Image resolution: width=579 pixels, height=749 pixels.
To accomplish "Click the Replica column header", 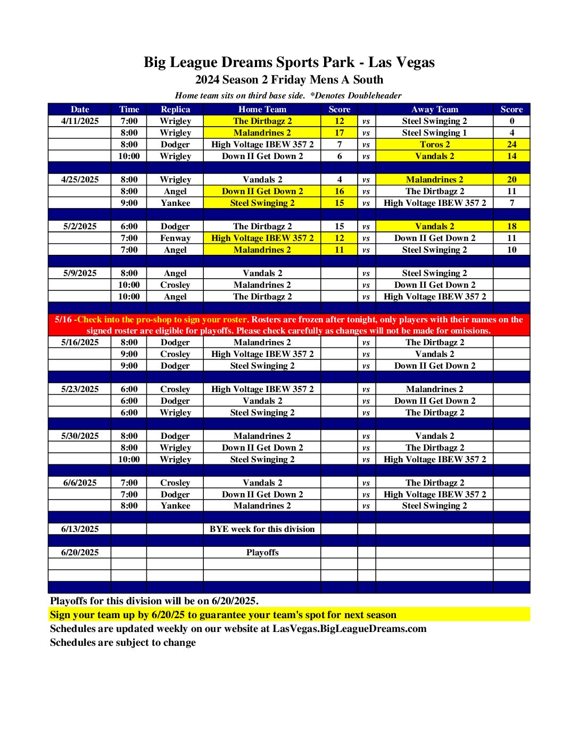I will coord(175,110).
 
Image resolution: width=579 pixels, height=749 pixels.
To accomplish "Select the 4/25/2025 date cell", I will coord(80,180).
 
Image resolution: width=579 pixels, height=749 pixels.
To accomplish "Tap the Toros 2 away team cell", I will coord(434,145).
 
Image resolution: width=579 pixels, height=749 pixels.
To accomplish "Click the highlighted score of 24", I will coord(511,145).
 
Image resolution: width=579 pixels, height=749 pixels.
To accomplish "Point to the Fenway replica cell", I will coord(175,238).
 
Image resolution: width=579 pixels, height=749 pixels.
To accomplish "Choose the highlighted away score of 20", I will coord(511,180).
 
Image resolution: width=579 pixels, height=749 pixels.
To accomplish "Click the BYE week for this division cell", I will coord(262,529).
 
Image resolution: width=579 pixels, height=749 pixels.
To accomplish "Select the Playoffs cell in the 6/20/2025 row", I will coord(262,553).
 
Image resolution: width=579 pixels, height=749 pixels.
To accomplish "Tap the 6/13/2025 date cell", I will coord(80,529).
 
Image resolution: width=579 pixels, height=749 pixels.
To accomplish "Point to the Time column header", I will coord(129,110).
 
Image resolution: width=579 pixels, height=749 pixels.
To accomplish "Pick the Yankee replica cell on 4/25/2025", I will coord(175,203).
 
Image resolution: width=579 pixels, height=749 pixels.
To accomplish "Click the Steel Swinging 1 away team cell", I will coord(434,133).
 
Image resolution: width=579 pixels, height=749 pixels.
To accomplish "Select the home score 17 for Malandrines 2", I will coord(339,133).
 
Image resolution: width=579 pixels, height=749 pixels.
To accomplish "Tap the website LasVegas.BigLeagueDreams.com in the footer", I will coord(349,629).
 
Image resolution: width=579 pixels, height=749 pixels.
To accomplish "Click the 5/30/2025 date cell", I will coord(80,436).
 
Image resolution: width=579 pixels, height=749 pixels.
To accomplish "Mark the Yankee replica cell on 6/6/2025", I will coord(175,506).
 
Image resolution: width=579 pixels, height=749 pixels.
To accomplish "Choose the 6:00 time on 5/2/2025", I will coord(129,227).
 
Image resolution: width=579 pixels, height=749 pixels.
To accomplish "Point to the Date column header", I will coord(80,110).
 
